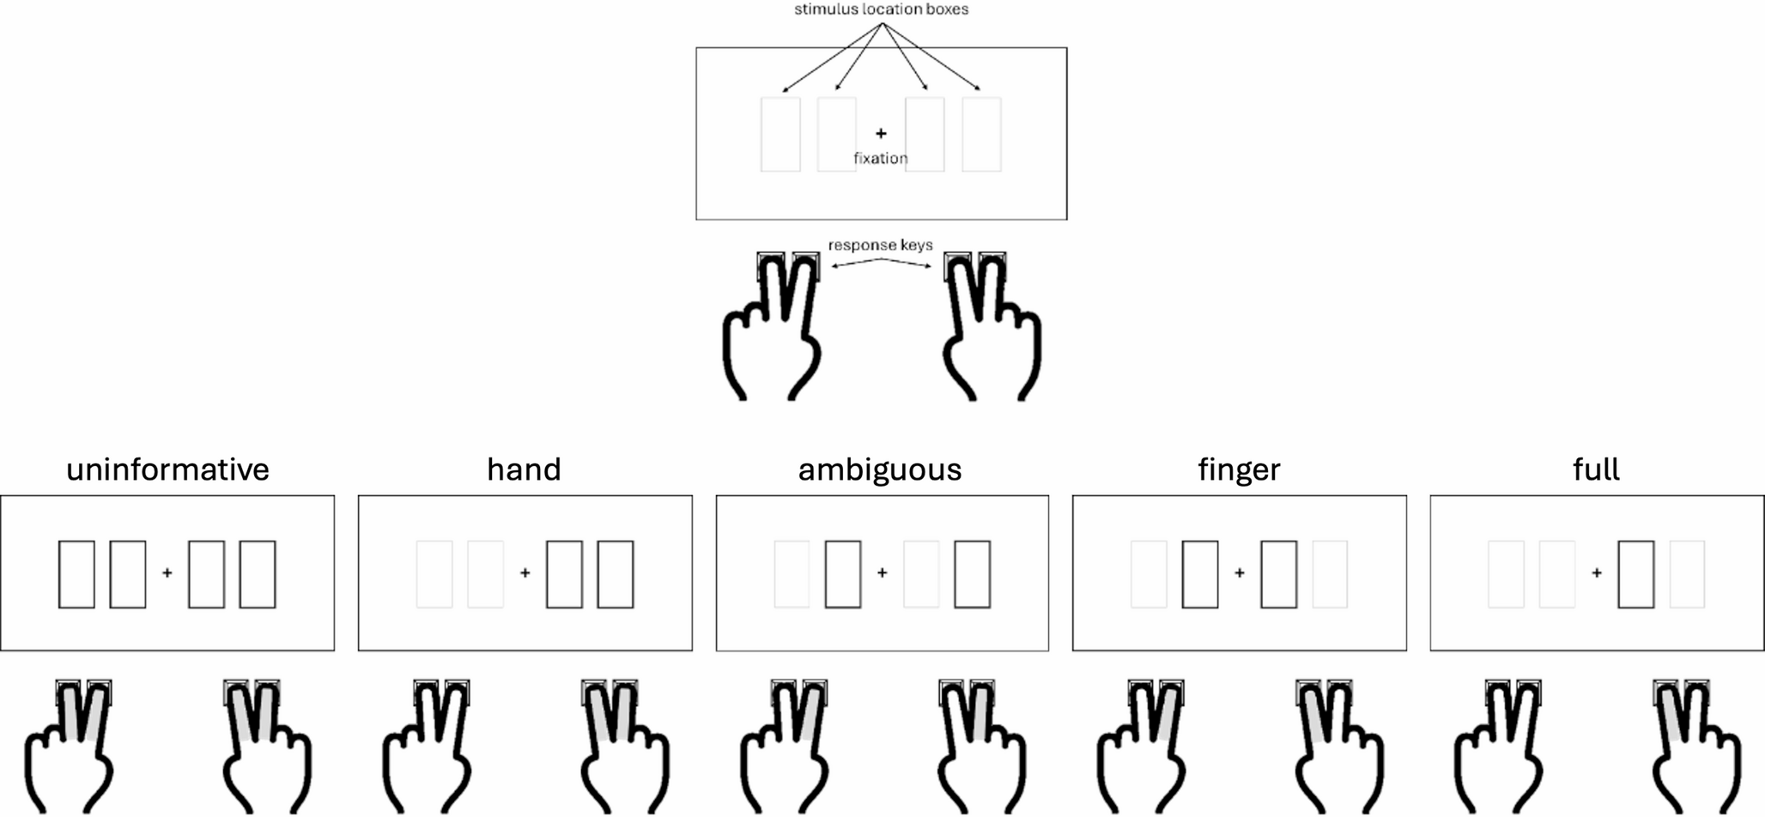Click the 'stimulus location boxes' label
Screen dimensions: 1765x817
click(881, 9)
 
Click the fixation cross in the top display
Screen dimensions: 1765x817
click(881, 133)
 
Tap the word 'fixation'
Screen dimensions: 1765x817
click(881, 158)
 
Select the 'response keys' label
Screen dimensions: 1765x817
click(881, 245)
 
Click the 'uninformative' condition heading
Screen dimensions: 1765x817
click(167, 469)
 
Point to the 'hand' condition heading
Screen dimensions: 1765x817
click(524, 469)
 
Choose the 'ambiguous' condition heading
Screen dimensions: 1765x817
click(880, 470)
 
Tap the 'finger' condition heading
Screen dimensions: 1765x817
click(1239, 470)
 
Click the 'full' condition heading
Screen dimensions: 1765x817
click(1596, 469)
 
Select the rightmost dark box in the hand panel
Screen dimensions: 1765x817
click(616, 574)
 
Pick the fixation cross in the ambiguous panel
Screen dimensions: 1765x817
click(882, 572)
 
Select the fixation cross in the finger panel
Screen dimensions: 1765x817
click(1239, 572)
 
